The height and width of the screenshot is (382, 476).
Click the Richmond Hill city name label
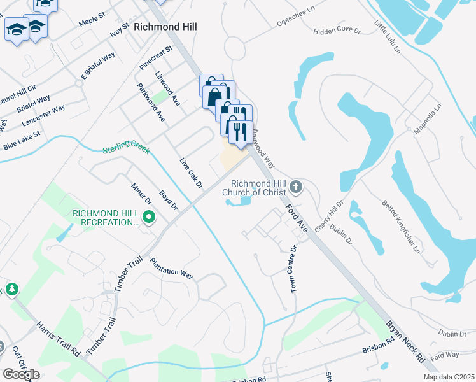(165, 27)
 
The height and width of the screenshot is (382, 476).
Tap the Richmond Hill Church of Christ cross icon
(295, 187)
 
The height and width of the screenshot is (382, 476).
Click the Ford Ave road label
(297, 217)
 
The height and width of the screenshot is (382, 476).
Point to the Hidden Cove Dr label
(337, 31)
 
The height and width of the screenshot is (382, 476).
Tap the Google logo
(21, 374)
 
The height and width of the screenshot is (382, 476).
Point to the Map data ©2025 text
(448, 377)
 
